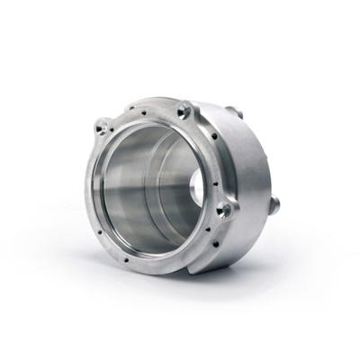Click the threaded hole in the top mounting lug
(184, 112)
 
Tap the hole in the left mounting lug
(104, 126)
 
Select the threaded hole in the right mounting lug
(224, 209)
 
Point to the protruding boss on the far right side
(274, 204)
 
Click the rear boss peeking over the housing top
(236, 112)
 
